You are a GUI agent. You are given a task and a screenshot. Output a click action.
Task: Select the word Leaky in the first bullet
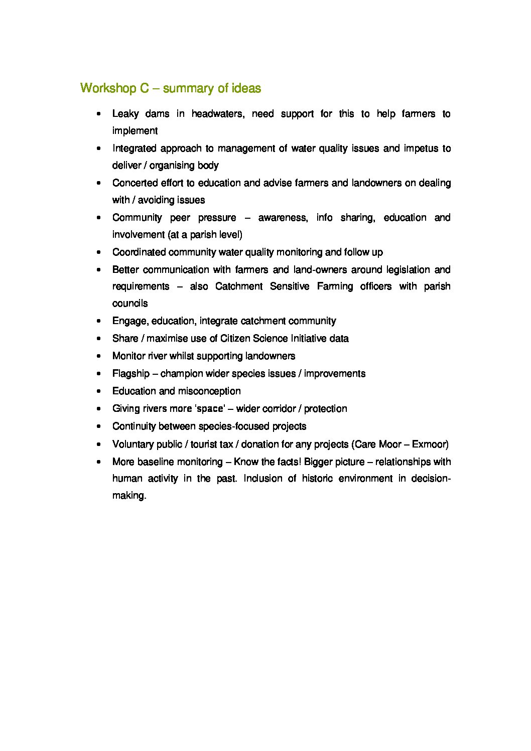point(125,114)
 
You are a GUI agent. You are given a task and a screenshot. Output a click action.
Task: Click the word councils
point(130,304)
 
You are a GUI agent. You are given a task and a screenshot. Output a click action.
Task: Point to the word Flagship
point(131,374)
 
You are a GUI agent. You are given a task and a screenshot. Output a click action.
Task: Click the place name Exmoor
point(430,444)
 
